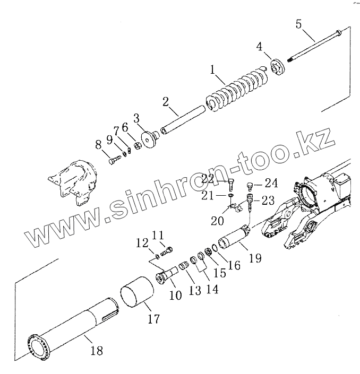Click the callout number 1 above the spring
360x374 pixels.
213,69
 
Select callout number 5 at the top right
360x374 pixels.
298,24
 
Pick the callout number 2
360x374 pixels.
166,101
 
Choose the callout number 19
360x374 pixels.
255,258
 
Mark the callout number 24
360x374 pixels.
271,184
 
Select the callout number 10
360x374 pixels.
175,294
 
